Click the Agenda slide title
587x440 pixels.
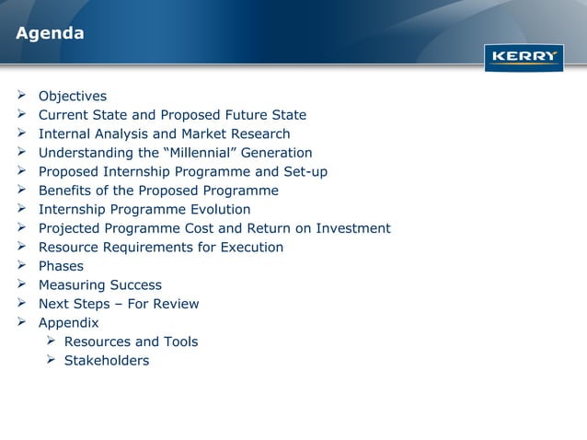50,34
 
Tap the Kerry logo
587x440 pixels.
524,57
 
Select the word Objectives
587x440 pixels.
73,97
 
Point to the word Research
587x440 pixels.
258,134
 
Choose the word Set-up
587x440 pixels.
303,172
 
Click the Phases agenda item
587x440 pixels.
60,266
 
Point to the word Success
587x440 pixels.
135,285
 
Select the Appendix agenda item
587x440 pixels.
68,323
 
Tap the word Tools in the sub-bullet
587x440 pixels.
178,342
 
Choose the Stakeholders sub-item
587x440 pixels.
106,361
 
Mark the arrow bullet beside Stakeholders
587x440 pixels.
52,361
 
